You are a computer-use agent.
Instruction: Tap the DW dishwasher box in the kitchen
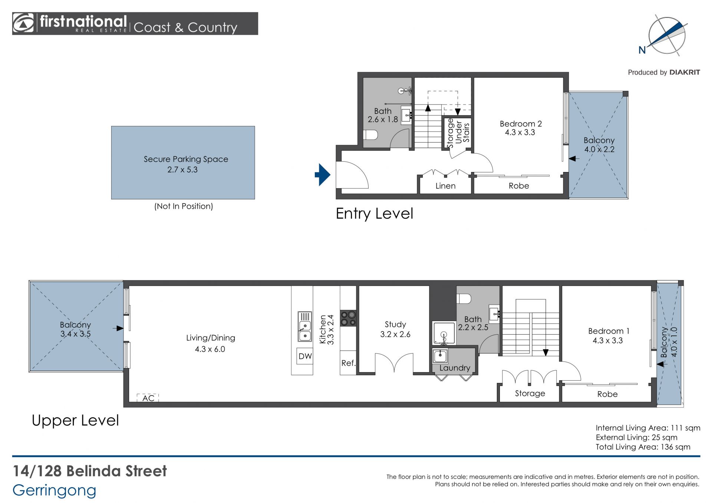tap(305, 356)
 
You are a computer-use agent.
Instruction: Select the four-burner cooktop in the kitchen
tap(348, 318)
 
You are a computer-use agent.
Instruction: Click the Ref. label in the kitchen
tap(348, 363)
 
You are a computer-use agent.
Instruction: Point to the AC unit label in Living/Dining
tap(148, 398)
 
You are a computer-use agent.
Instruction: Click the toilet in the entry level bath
tap(370, 135)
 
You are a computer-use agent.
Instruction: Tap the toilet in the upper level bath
tap(464, 298)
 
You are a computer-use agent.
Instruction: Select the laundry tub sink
tap(440, 356)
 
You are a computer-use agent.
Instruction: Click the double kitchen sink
tap(305, 327)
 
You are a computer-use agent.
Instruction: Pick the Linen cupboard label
tap(445, 186)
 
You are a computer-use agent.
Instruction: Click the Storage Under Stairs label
tap(458, 133)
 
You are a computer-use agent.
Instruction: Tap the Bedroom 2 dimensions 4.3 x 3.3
tap(520, 132)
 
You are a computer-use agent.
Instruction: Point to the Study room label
tap(395, 324)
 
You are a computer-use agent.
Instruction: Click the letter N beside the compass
tap(642, 50)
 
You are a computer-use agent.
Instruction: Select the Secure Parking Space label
tap(186, 159)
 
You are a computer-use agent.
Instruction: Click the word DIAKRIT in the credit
tap(685, 72)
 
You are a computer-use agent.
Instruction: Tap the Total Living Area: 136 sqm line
tap(643, 447)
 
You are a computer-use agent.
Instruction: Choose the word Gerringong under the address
tap(55, 491)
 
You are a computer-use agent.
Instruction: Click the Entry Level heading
tap(374, 214)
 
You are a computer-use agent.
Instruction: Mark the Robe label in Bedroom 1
tap(607, 394)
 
